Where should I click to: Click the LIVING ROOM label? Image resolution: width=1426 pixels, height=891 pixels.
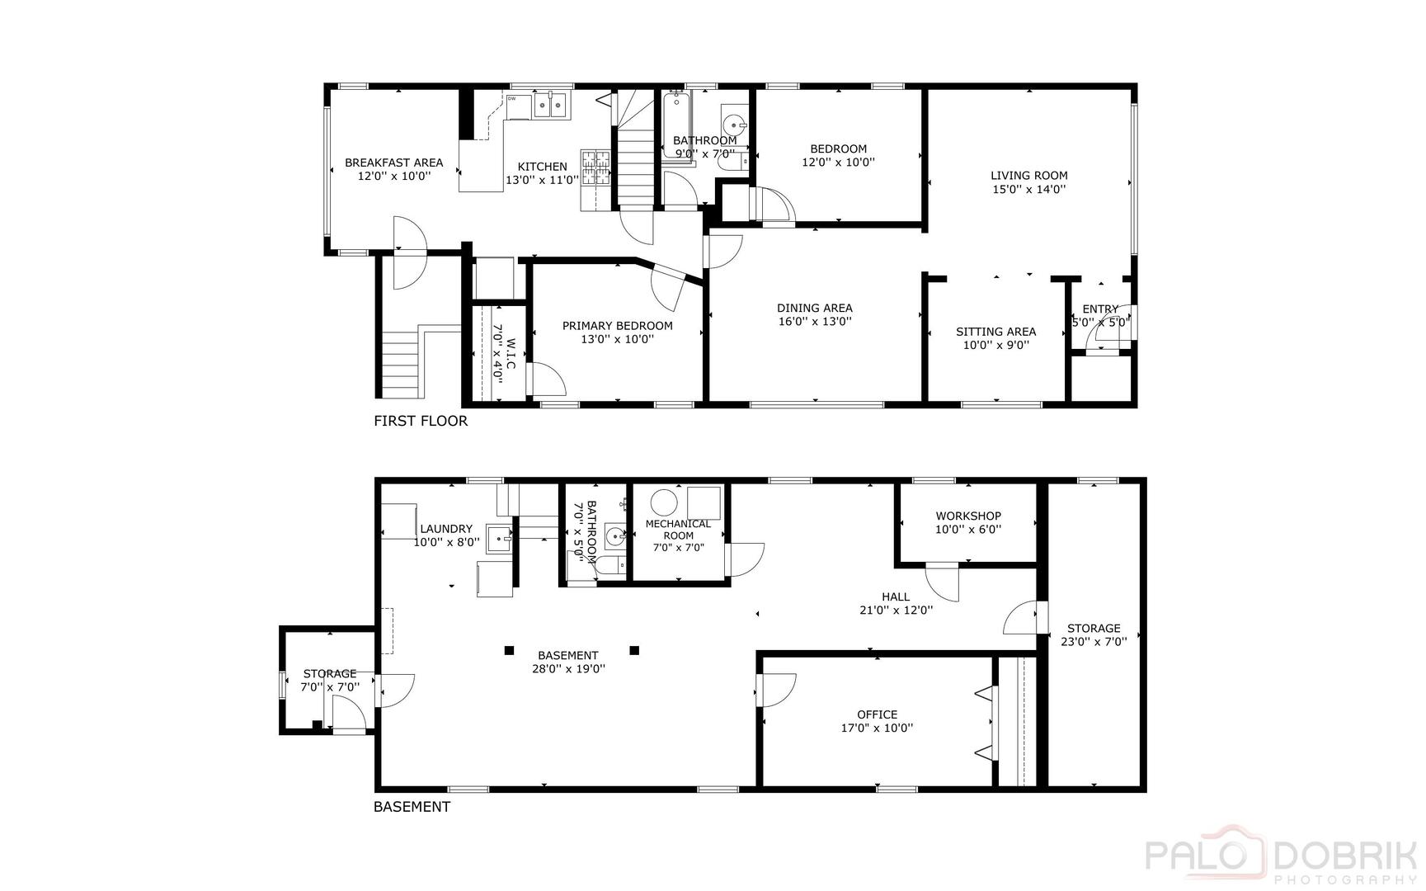[x=1028, y=175]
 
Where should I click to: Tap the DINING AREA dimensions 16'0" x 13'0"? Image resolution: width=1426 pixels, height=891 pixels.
[x=814, y=322]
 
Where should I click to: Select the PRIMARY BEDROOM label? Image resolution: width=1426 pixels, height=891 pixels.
[x=617, y=326]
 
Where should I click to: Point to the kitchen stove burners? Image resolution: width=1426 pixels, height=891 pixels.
[x=595, y=167]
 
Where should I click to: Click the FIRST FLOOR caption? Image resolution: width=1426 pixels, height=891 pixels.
[x=421, y=421]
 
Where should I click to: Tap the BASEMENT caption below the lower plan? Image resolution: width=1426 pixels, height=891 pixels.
[x=412, y=807]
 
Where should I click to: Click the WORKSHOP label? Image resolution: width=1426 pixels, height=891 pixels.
[x=968, y=516]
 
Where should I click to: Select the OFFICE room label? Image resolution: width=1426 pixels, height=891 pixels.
[x=877, y=714]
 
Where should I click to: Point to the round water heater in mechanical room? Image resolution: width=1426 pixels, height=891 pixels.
[x=663, y=502]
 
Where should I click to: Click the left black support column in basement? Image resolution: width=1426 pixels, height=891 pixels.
[x=510, y=650]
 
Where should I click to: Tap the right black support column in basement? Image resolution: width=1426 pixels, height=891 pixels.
[x=634, y=650]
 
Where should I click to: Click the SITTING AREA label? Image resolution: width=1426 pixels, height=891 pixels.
[x=995, y=332]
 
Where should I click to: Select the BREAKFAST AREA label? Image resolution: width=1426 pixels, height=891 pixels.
[x=393, y=163]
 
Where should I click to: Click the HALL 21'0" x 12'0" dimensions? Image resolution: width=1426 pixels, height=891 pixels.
[x=896, y=610]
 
